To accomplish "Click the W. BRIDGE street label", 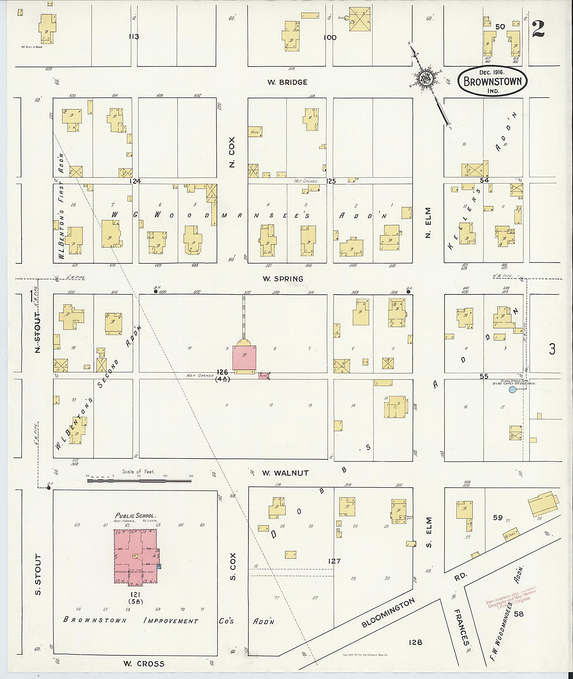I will [287, 82].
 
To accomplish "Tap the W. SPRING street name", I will [283, 279].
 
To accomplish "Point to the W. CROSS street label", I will [144, 664].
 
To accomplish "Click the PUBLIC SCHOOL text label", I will [136, 515].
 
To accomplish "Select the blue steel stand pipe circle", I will [512, 389].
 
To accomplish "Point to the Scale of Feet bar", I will [140, 480].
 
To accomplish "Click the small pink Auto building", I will [264, 376].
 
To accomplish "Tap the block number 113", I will [134, 37].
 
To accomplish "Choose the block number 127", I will [334, 561].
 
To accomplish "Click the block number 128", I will [415, 642].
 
